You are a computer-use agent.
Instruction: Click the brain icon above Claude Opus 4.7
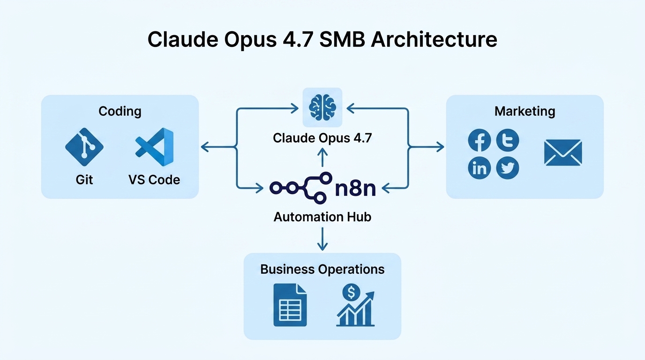(322, 107)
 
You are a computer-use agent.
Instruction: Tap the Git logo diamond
(84, 147)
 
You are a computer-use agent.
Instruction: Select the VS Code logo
(155, 147)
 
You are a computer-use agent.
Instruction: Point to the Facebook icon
(480, 141)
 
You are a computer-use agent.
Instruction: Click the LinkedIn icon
(480, 168)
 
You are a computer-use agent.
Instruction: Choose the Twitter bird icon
(508, 168)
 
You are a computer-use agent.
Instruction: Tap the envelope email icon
(563, 153)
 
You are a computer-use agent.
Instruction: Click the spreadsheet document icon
(290, 305)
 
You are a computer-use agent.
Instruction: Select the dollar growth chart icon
(355, 305)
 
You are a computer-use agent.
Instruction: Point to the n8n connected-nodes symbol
(298, 187)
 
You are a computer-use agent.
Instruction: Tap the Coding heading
(120, 111)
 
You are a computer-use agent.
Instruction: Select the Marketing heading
(525, 111)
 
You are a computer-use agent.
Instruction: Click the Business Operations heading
(322, 269)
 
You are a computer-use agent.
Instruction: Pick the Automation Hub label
(322, 217)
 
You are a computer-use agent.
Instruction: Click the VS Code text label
(154, 180)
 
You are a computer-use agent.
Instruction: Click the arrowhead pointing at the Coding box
(205, 147)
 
